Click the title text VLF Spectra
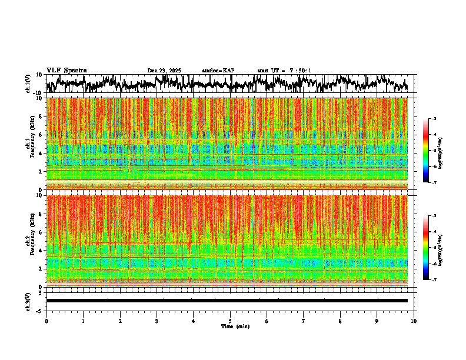(x=66, y=71)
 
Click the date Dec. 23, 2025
(x=164, y=71)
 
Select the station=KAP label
(x=218, y=71)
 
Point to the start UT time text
(x=284, y=71)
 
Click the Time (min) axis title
(x=235, y=326)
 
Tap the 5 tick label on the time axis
(x=230, y=321)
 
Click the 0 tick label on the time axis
(x=46, y=321)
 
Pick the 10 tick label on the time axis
(x=414, y=321)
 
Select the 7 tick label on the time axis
(x=304, y=321)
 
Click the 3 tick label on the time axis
(x=157, y=321)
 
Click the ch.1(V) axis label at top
(x=28, y=83)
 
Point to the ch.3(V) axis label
(x=28, y=301)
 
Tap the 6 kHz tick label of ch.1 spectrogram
(x=40, y=135)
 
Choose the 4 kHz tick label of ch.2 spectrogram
(x=40, y=250)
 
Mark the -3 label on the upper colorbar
(x=434, y=119)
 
